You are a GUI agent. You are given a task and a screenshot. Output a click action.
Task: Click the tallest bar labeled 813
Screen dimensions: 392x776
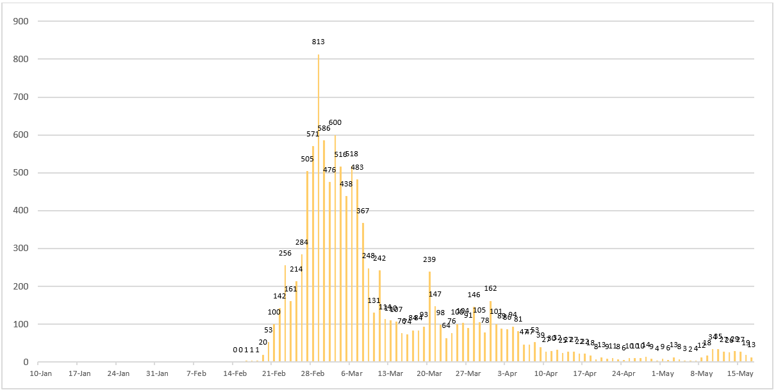click(x=318, y=208)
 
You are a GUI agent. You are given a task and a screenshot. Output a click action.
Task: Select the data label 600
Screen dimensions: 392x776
click(x=335, y=122)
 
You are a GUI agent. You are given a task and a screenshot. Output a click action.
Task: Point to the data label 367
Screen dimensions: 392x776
click(x=363, y=211)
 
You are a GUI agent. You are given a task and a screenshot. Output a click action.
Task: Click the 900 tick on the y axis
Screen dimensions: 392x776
click(x=21, y=21)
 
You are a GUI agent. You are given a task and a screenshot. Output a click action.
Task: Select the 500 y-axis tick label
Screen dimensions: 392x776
click(x=21, y=173)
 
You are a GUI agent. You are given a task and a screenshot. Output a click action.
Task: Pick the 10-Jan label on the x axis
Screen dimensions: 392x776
click(x=40, y=373)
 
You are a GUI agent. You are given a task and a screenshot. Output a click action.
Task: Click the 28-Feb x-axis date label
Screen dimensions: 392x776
click(x=313, y=373)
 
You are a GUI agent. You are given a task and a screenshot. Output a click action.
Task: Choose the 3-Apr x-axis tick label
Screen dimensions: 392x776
click(x=507, y=373)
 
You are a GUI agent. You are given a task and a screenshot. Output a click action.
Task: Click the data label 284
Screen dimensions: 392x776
click(x=302, y=242)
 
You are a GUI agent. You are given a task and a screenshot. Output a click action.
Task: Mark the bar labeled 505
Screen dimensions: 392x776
click(x=308, y=266)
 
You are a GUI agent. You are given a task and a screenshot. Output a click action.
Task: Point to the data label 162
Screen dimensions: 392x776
click(x=490, y=288)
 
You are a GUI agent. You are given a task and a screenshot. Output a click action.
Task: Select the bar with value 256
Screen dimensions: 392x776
click(x=285, y=314)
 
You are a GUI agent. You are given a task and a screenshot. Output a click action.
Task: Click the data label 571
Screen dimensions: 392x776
click(x=313, y=134)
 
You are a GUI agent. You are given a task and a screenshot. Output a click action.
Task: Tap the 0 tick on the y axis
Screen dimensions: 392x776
click(x=26, y=363)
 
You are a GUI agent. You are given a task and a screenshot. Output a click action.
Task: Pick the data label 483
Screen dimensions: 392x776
click(x=357, y=167)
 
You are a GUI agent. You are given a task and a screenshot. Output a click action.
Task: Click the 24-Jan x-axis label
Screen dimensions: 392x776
click(x=119, y=373)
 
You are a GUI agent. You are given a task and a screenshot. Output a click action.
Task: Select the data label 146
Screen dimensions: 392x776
click(x=474, y=295)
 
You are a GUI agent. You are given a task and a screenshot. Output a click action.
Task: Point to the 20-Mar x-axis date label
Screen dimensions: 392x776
click(x=429, y=373)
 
